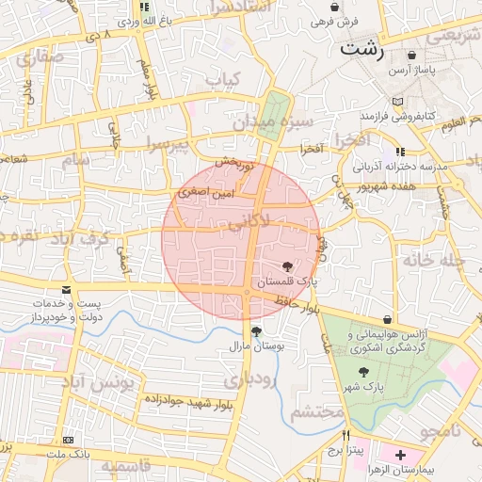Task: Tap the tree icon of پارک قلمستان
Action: point(287,266)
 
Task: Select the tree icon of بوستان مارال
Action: point(256,330)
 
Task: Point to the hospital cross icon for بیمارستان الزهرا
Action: point(401,455)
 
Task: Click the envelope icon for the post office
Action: point(65,290)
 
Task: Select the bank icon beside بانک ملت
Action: point(67,440)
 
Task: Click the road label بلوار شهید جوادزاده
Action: point(187,402)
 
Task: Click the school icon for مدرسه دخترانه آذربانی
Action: point(399,151)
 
